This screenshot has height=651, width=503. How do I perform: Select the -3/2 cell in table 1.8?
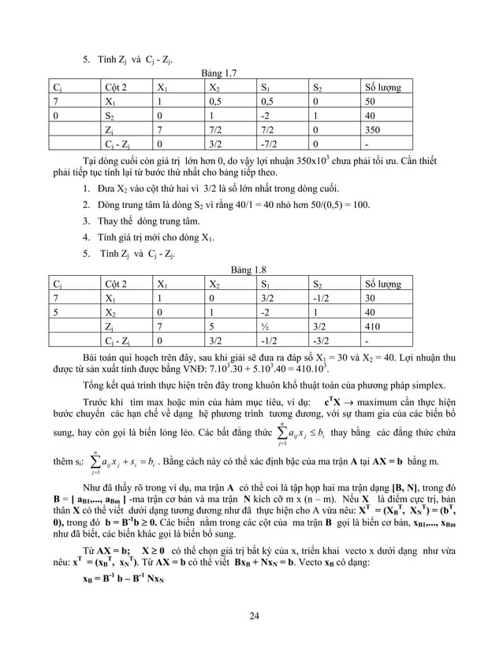pos(322,340)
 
